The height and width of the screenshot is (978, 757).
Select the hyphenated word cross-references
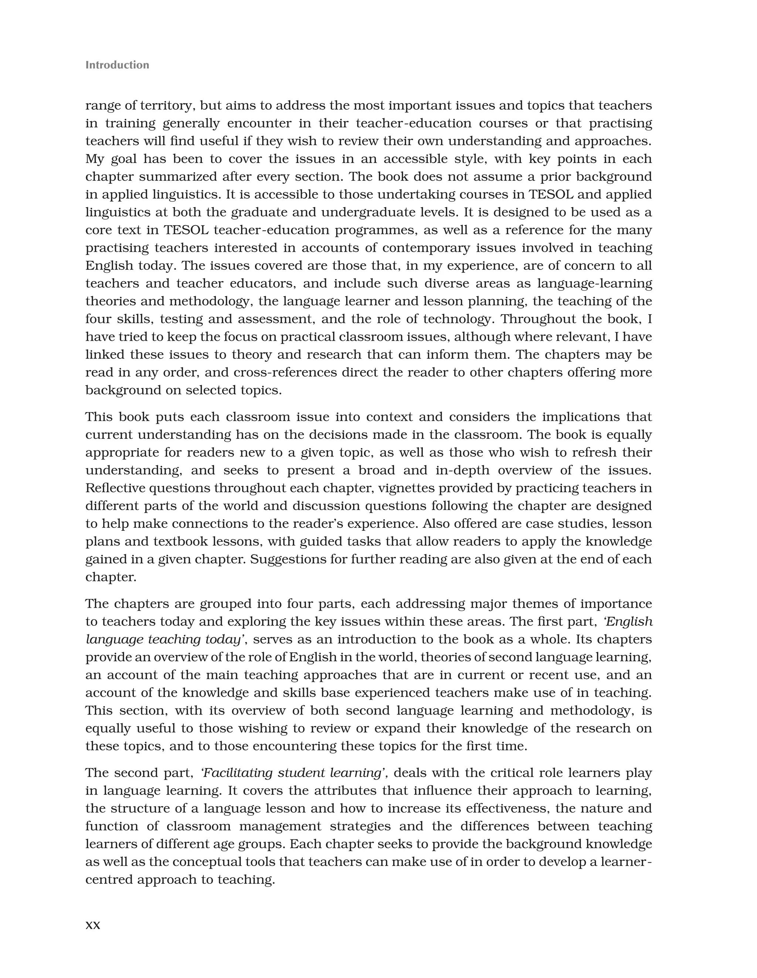point(285,373)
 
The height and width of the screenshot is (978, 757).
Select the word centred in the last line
point(109,880)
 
